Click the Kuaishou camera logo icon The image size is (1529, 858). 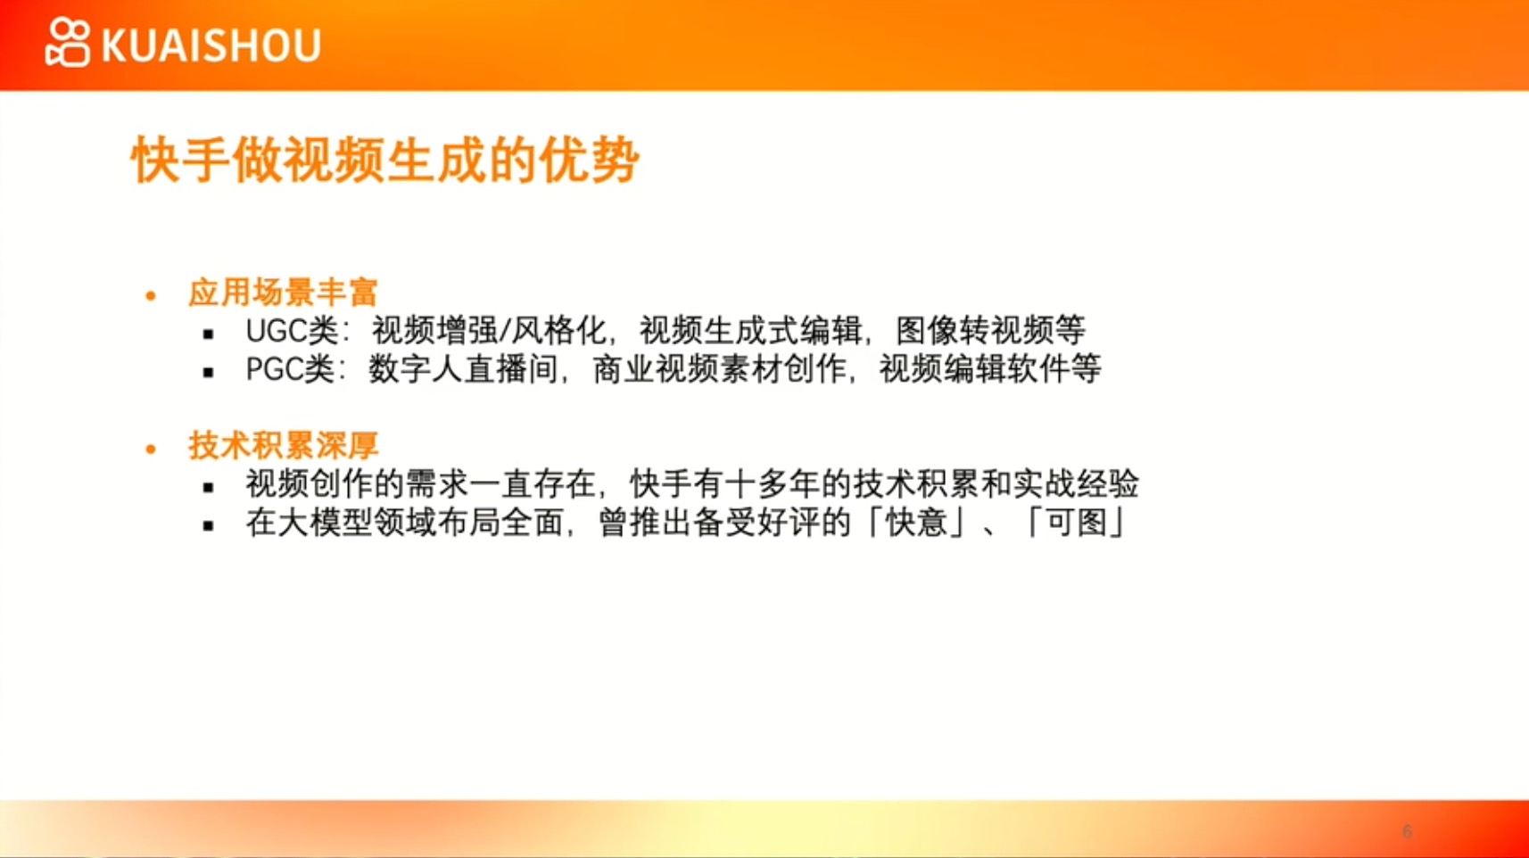coord(67,43)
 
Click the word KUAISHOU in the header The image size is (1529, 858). coord(211,45)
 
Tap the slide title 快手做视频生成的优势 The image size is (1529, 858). coord(385,160)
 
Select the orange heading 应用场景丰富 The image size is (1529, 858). coord(283,293)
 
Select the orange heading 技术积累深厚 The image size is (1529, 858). coord(283,446)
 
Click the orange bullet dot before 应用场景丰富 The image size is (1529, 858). coord(151,295)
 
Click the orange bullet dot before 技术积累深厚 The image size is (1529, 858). coord(151,449)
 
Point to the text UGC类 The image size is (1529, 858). coord(292,332)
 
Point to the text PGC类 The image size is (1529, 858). coord(290,370)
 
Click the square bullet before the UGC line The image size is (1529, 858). coord(209,334)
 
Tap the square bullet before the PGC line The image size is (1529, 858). coord(209,373)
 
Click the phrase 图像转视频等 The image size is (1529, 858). coord(990,331)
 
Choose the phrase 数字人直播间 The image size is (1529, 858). coord(463,370)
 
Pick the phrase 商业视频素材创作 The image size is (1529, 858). coord(719,370)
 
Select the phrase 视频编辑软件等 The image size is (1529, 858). coord(990,370)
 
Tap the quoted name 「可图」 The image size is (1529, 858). coord(1076,524)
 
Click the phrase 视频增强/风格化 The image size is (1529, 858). coord(489,332)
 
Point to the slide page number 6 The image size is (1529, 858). coord(1407,831)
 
